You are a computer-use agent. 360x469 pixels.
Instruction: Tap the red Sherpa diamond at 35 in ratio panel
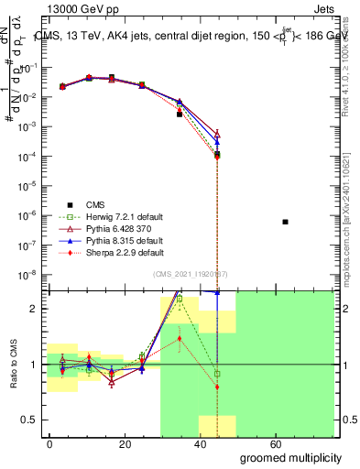click(180, 338)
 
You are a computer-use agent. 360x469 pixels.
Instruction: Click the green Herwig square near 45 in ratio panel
click(216, 374)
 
